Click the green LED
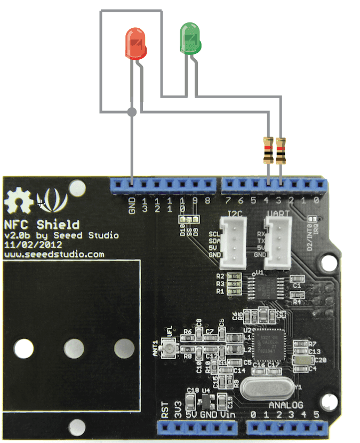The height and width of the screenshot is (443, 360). [x=190, y=38]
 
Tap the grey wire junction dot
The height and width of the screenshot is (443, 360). [x=132, y=112]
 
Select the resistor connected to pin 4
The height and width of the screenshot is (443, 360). [x=268, y=150]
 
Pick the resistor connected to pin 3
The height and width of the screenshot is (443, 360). [x=281, y=150]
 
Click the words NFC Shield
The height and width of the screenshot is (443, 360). [x=42, y=224]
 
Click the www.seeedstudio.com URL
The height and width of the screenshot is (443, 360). [x=54, y=254]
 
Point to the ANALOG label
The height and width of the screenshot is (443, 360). [x=285, y=404]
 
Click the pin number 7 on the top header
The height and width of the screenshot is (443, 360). [x=228, y=201]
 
